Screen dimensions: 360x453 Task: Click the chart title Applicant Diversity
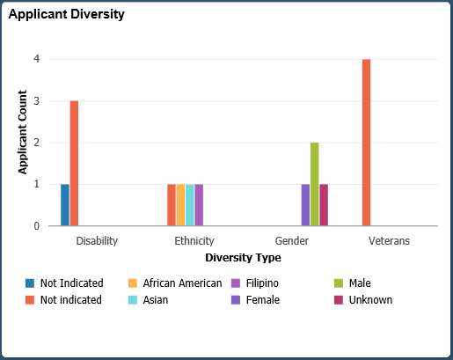click(x=66, y=15)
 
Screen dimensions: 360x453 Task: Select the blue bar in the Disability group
click(x=65, y=205)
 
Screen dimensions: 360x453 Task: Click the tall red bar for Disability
click(x=75, y=163)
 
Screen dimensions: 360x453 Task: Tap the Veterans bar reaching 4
click(x=366, y=143)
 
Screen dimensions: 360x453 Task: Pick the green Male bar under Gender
click(x=314, y=184)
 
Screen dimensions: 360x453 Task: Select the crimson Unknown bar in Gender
click(x=324, y=205)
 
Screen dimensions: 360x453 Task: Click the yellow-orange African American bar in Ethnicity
click(x=180, y=205)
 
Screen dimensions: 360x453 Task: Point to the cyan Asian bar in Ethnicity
click(x=190, y=205)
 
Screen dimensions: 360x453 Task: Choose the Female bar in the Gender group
click(x=305, y=205)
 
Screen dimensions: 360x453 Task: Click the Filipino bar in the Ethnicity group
click(x=199, y=205)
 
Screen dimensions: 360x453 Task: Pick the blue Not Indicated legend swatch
click(x=30, y=283)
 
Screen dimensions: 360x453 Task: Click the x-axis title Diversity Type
click(x=243, y=258)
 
